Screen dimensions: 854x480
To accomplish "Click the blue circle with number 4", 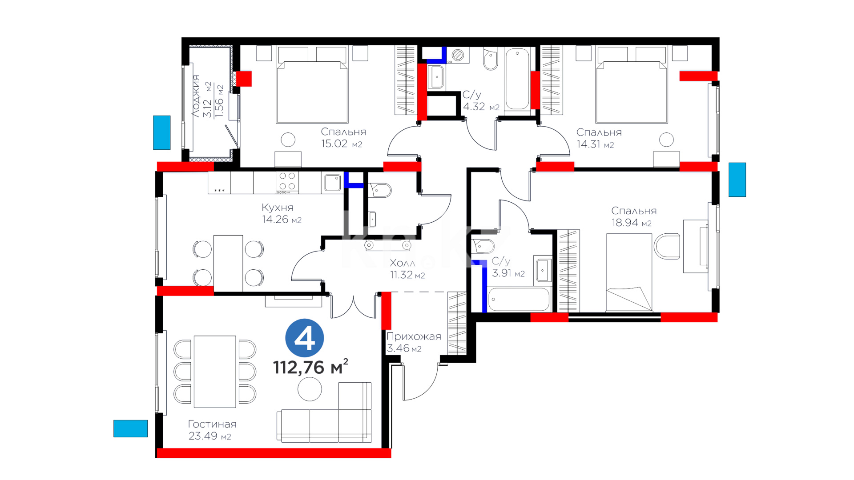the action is pos(305,338).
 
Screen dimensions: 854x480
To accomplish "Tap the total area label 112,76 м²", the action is pos(310,367).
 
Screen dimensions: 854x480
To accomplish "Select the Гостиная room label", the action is pos(212,424).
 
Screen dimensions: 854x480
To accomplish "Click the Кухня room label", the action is pos(278,208).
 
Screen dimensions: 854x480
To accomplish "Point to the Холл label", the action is pos(403,263).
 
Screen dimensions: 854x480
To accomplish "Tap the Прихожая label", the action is pos(414,336).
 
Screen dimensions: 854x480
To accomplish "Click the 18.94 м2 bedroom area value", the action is pos(632,223).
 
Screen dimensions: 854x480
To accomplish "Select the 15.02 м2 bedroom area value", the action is pos(342,144).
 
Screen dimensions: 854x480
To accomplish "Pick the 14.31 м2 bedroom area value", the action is pos(595,144).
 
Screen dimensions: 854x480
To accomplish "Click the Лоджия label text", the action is pos(196,96).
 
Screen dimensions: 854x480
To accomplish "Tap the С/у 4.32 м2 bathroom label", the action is pos(481,101).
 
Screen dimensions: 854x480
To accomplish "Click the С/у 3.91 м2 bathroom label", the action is pos(508,267).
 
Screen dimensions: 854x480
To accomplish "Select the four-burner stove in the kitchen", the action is pos(287,182).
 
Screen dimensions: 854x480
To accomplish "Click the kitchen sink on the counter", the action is pos(332,183).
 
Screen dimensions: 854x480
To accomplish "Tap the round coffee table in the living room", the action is pos(310,389).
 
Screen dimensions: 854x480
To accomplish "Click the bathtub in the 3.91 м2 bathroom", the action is pos(519,299).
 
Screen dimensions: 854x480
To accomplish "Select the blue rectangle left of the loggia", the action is pos(162,132).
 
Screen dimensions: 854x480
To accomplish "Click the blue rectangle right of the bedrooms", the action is pos(737,180).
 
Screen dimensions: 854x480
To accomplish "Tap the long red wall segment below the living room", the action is pos(274,453).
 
